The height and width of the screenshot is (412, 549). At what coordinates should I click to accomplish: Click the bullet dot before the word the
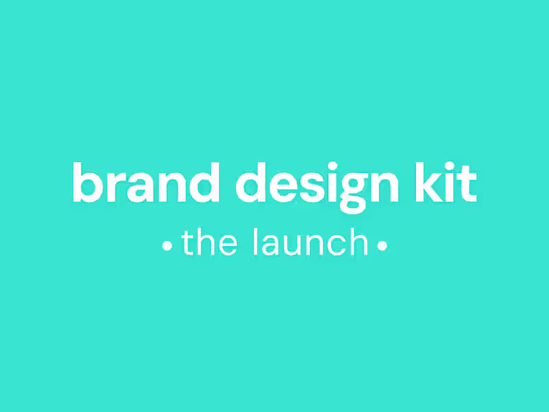coord(167,245)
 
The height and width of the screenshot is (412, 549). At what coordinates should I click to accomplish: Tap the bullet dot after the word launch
coord(382,245)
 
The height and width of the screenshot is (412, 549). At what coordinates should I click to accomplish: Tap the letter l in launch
coord(256,242)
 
